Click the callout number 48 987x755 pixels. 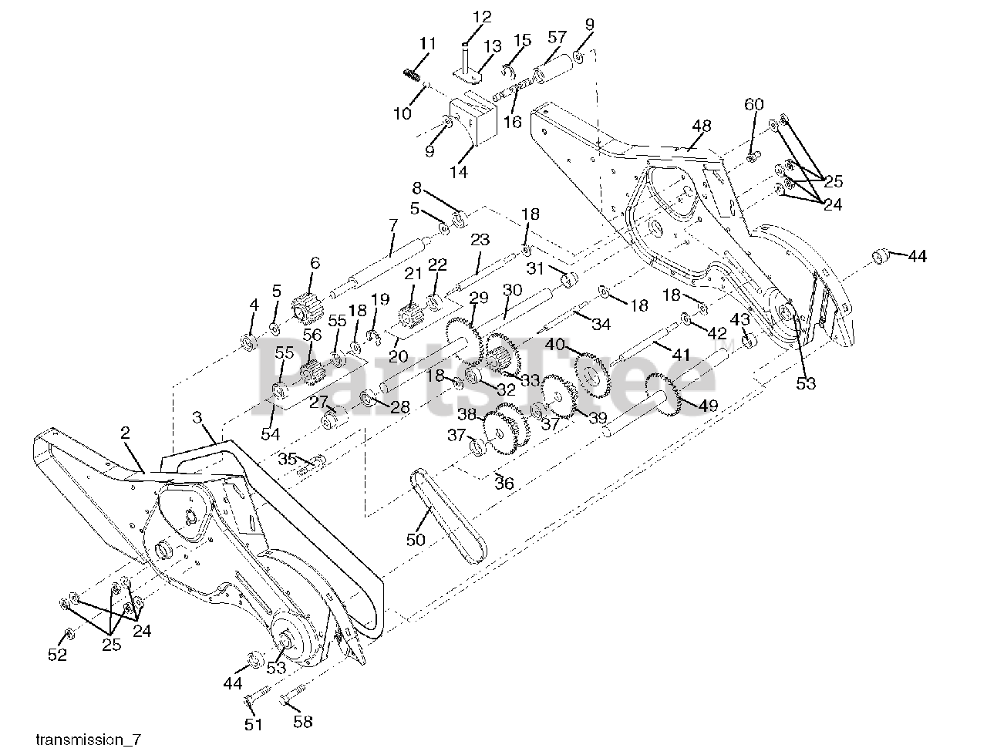click(701, 126)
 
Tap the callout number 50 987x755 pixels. click(416, 540)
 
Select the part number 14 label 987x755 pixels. click(459, 172)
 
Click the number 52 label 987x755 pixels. click(58, 655)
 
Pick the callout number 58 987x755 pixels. click(303, 722)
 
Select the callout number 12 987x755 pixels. click(481, 16)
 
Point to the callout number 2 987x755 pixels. click(125, 433)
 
